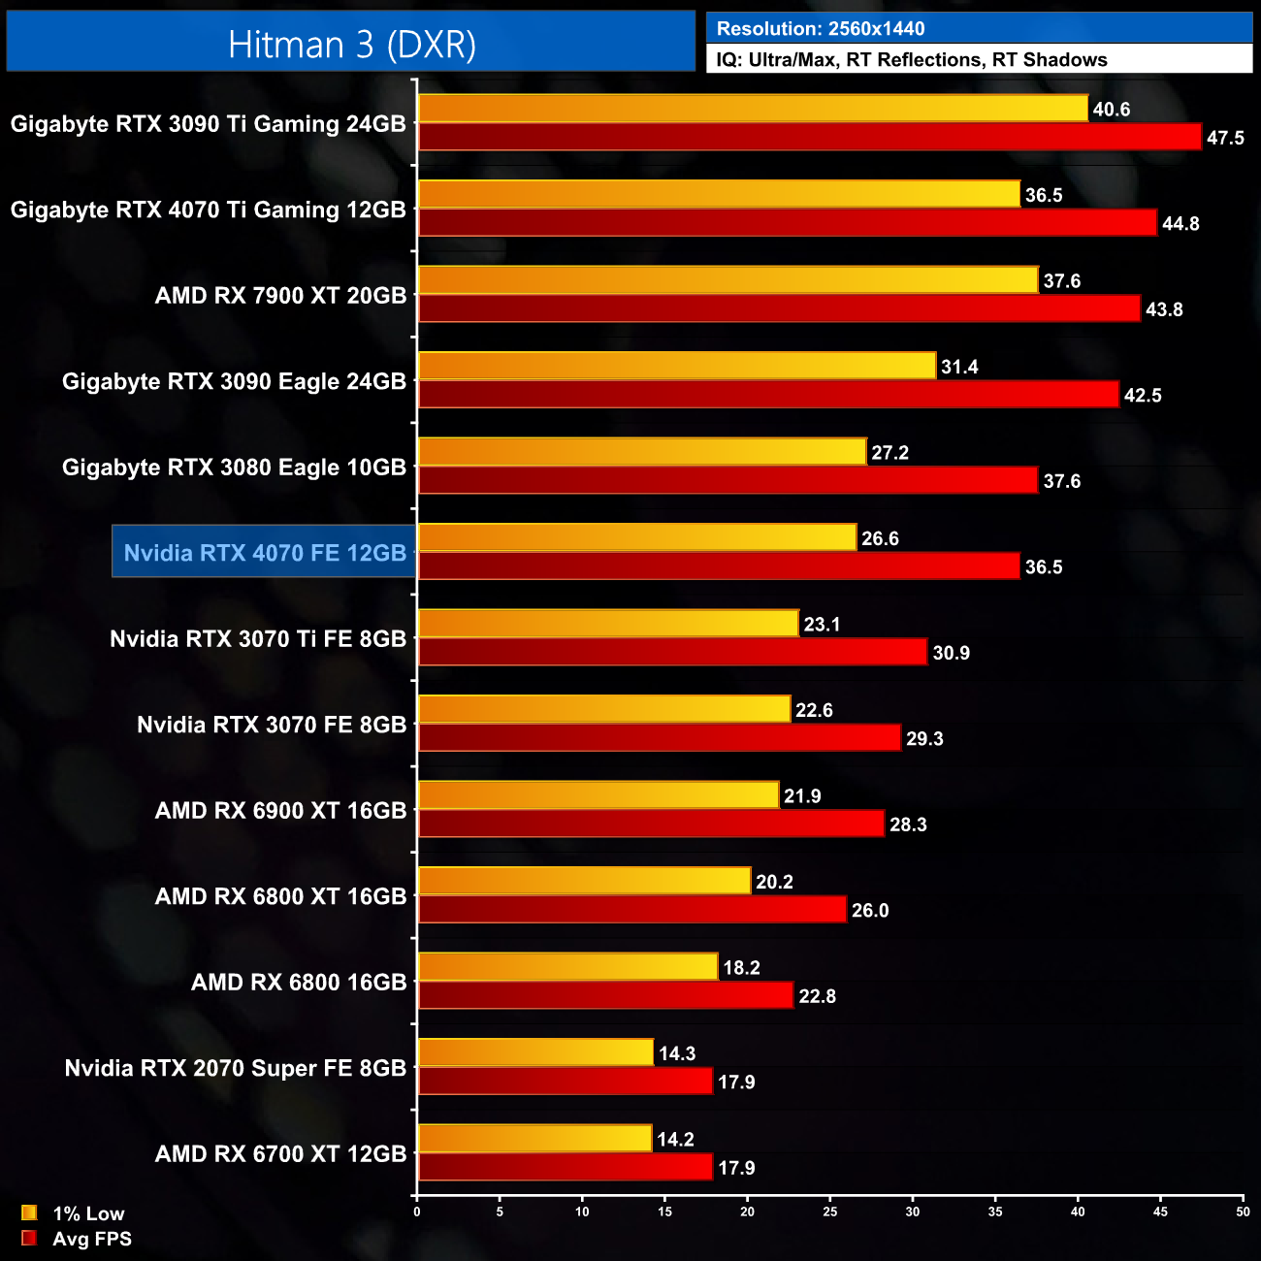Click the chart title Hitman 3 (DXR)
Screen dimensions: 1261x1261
point(351,45)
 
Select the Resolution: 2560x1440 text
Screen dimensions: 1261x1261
point(821,29)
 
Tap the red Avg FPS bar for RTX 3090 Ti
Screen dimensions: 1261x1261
point(809,137)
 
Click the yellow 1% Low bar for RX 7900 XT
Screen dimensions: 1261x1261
point(727,280)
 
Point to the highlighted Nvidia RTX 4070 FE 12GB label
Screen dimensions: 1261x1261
point(265,553)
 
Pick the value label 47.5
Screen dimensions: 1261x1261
point(1225,138)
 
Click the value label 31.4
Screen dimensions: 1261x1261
point(959,367)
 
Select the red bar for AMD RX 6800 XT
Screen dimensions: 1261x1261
point(631,910)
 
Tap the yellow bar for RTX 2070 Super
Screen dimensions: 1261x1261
point(535,1052)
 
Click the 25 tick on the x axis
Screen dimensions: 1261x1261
point(830,1212)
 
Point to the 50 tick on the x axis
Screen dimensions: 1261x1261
point(1243,1212)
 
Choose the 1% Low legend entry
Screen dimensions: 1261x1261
point(74,1213)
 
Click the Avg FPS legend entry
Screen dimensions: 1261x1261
point(77,1239)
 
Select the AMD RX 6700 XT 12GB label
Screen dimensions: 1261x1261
point(280,1154)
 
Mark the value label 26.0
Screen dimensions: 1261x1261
point(870,911)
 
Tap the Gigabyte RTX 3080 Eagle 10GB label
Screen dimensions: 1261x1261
point(234,468)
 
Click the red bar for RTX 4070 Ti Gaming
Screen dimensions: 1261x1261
point(787,223)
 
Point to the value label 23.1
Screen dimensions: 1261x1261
point(822,625)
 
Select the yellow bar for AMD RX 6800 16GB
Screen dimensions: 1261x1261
point(567,967)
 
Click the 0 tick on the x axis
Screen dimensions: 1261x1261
point(417,1212)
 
